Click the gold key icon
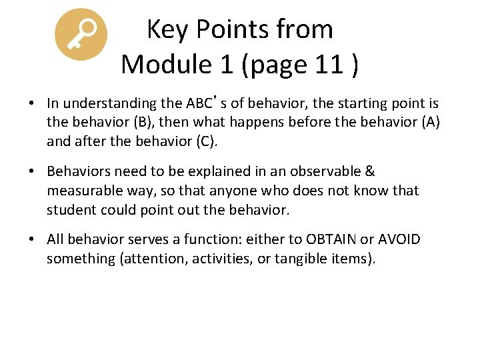[x=81, y=35]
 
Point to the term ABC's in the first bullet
[x=206, y=103]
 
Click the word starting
[x=354, y=103]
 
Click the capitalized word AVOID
[x=398, y=239]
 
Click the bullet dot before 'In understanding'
[x=31, y=104]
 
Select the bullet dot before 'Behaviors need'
[x=31, y=172]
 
